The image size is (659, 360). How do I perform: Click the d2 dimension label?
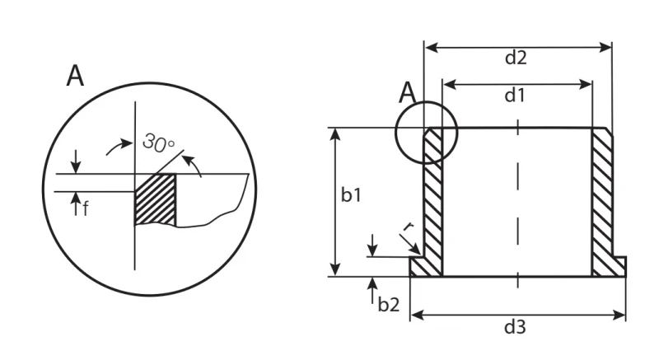click(516, 58)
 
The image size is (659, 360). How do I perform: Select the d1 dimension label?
click(515, 96)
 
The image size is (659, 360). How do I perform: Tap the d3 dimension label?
click(515, 327)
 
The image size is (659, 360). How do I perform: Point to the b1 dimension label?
click(351, 195)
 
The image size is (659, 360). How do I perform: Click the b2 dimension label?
click(389, 305)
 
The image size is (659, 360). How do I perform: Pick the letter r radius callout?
click(408, 227)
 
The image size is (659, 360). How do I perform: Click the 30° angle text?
click(158, 143)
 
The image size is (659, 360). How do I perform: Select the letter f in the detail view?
click(86, 208)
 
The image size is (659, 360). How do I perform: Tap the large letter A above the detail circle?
click(75, 76)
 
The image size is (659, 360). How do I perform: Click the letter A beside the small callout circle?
click(407, 93)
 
